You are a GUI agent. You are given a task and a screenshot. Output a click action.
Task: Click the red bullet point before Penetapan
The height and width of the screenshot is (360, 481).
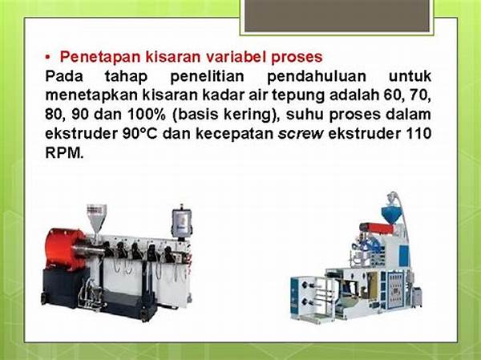coord(47,58)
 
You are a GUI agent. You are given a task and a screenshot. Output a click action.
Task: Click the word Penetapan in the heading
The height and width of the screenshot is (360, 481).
coord(99,57)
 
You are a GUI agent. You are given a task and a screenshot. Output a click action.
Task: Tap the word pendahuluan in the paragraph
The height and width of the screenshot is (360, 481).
coord(317,76)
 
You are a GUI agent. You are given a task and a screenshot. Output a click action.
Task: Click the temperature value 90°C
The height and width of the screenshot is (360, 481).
coord(139,134)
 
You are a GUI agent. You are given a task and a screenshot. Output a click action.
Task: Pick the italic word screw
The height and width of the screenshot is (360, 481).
coord(301,134)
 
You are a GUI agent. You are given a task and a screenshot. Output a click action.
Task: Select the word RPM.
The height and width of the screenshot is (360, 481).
coord(64,152)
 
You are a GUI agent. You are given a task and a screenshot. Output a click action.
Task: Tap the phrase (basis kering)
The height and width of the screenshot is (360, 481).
coord(225,115)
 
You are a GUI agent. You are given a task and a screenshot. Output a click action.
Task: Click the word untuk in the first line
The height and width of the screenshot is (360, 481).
coord(410,76)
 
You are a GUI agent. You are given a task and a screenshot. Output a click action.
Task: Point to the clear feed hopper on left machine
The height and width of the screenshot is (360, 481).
coord(96,219)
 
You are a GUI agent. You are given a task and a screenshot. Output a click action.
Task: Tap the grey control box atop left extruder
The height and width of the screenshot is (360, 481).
coord(182,221)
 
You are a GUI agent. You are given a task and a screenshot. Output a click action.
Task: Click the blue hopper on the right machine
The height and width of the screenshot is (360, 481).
coord(393,216)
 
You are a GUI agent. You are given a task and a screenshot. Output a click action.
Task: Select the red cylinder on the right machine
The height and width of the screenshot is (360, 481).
coord(376,228)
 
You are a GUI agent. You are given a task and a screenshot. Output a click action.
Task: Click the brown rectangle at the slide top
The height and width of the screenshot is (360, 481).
coord(337,16)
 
